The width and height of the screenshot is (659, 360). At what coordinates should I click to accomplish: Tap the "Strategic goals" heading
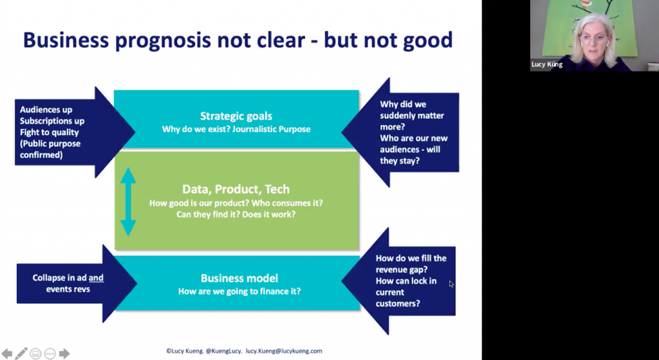[x=236, y=116]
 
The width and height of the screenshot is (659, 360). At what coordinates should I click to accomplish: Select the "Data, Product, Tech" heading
[x=236, y=189]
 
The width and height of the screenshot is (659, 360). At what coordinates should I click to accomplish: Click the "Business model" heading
[x=239, y=278]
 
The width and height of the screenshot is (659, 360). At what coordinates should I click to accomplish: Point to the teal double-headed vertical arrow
[x=128, y=202]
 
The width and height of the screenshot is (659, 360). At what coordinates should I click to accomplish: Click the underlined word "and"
[x=97, y=278]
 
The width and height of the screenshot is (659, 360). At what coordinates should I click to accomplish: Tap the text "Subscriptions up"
[x=52, y=121]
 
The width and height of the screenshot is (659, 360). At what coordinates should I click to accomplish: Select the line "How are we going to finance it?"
[x=239, y=291]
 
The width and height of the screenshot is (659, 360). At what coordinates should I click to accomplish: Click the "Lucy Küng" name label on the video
[x=547, y=65]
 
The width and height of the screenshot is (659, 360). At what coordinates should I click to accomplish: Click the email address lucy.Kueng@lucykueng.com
[x=284, y=351]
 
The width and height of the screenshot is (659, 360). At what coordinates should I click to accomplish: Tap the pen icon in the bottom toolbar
[x=21, y=354]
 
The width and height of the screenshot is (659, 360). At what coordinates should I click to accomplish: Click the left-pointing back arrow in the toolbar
[x=6, y=354]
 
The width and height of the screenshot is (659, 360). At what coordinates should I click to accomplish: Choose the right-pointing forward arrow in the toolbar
[x=64, y=354]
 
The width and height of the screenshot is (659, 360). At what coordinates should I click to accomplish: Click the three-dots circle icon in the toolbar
[x=50, y=354]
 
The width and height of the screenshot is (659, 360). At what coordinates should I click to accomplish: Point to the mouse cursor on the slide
[x=451, y=284]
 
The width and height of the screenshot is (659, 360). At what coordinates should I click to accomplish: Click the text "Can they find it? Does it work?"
[x=236, y=214]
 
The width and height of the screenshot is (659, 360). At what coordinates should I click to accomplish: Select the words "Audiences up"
[x=46, y=109]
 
